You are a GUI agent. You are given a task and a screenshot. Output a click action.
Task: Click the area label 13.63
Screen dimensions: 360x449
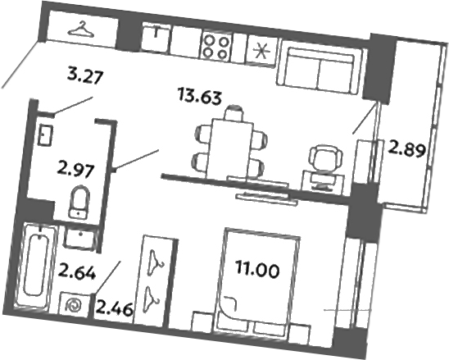pos(197,97)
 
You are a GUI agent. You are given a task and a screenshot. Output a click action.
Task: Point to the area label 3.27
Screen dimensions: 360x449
pos(85,80)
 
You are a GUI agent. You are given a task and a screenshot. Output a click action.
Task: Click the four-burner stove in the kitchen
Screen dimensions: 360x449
pos(217,46)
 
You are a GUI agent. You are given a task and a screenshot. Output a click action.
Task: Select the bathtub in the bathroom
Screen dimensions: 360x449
pos(34,262)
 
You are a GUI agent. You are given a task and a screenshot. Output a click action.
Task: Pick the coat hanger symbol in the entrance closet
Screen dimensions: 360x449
pos(81,30)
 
